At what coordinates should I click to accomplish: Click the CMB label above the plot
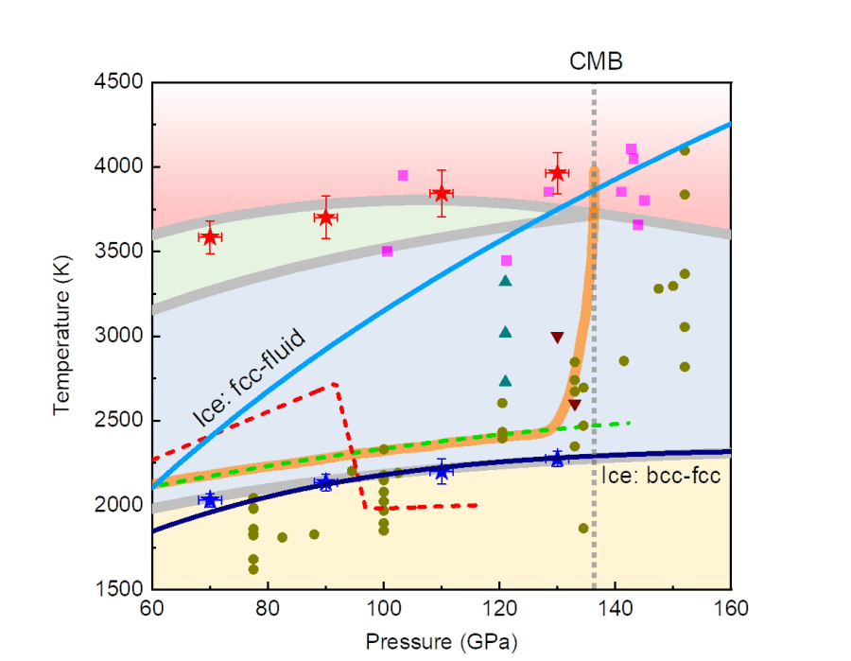[x=596, y=62]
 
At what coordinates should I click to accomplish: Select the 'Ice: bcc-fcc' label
[x=661, y=476]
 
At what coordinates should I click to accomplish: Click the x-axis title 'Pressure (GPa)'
[x=442, y=640]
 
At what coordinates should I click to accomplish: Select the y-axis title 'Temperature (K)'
[x=63, y=337]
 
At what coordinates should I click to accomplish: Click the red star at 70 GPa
[x=210, y=236]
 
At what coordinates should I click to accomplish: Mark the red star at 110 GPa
[x=441, y=193]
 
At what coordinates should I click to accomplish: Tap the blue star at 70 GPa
[x=210, y=499]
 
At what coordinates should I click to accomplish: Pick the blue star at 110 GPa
[x=441, y=471]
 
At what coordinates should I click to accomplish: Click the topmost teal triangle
[x=505, y=281]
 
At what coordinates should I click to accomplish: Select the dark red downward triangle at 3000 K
[x=557, y=338]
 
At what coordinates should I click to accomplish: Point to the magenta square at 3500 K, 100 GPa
[x=387, y=251]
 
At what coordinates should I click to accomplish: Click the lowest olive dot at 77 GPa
[x=253, y=569]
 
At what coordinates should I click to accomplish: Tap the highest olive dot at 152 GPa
[x=685, y=150]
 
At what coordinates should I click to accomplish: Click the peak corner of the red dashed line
[x=336, y=383]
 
